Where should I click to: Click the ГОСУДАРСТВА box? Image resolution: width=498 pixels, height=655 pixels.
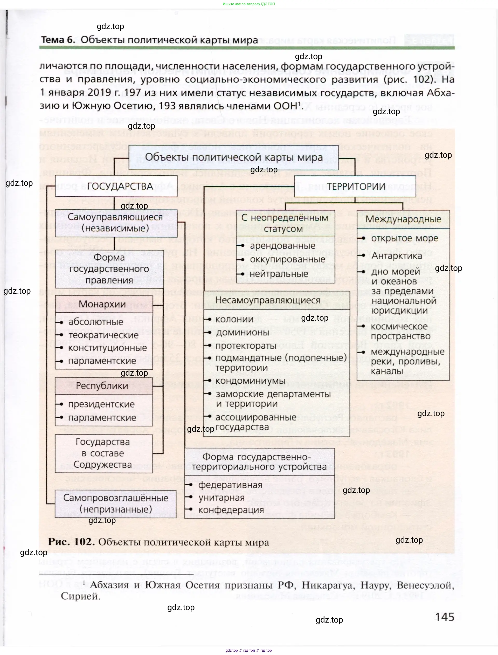click(116, 186)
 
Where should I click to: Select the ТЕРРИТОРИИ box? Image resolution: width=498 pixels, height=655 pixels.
click(355, 187)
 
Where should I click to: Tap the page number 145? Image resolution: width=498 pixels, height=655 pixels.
click(444, 617)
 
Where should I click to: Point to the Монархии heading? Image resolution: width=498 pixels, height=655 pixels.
click(102, 304)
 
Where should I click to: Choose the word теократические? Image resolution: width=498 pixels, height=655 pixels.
click(103, 335)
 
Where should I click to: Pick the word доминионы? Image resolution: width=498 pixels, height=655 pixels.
click(243, 332)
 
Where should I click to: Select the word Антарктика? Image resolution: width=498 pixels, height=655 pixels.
click(396, 256)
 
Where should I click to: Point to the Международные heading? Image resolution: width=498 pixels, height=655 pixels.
click(403, 219)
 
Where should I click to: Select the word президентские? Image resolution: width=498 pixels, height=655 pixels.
click(101, 404)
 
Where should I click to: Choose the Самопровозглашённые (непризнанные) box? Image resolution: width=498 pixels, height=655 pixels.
click(116, 503)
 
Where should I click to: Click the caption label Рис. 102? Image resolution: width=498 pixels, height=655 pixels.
click(71, 541)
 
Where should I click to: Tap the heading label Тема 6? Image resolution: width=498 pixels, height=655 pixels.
click(58, 40)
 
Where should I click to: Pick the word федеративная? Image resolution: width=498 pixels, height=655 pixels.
click(230, 485)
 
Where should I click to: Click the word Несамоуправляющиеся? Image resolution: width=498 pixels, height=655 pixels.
click(267, 300)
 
